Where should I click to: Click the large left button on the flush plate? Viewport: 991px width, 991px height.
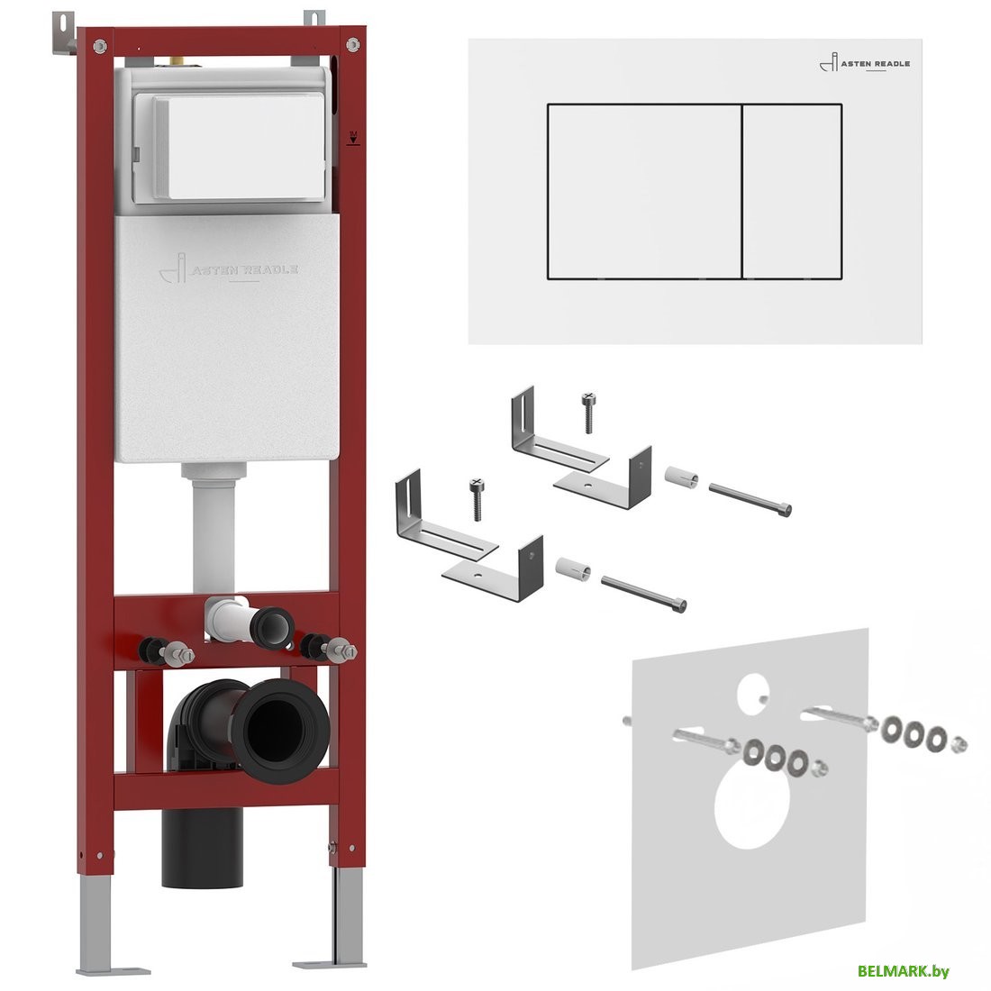(x=644, y=191)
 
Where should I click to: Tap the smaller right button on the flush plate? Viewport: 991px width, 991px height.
(x=792, y=191)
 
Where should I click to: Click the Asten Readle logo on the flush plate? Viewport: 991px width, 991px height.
(x=865, y=63)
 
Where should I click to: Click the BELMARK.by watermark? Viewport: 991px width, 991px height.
(x=903, y=971)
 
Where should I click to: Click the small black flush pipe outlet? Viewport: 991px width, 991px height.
(x=272, y=628)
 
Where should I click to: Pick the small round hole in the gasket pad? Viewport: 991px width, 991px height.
(x=751, y=687)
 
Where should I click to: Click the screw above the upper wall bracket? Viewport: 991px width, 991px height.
(x=588, y=412)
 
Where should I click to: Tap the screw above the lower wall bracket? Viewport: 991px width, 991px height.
(x=477, y=499)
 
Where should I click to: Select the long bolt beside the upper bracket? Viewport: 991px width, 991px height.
(x=750, y=499)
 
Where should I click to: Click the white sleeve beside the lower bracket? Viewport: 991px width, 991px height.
(x=573, y=568)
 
